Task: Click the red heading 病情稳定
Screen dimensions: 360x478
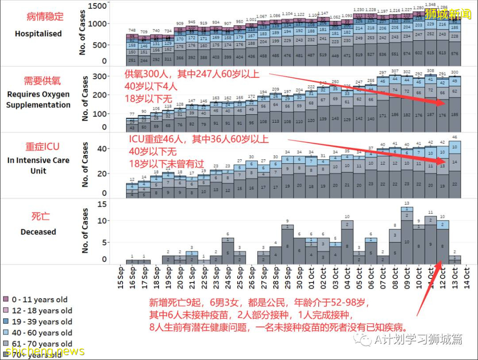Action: click(45, 17)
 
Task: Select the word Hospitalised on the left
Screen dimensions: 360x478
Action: click(38, 34)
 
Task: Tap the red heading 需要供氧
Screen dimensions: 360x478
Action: click(42, 81)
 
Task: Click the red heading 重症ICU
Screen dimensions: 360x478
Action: click(42, 147)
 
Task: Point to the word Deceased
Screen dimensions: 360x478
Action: click(38, 232)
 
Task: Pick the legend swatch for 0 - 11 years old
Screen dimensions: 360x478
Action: click(6, 300)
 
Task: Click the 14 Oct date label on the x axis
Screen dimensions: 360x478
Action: click(466, 277)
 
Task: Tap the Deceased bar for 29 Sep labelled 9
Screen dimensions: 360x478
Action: click(287, 244)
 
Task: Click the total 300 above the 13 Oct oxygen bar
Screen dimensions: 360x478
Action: click(454, 73)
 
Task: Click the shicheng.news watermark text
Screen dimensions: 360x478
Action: click(42, 351)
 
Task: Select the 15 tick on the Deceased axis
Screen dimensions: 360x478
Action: click(101, 205)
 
